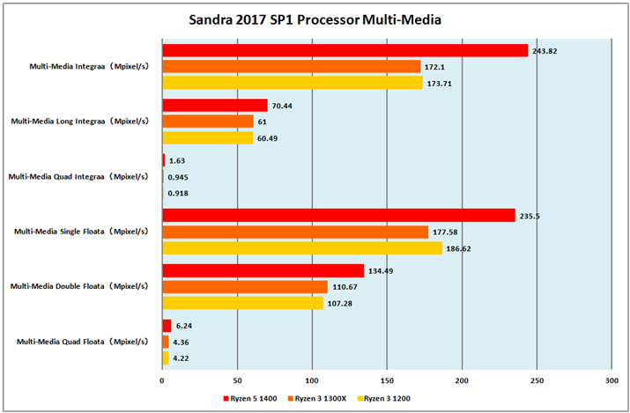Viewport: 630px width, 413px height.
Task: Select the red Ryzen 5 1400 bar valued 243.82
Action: click(345, 50)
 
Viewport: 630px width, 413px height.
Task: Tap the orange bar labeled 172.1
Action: click(291, 66)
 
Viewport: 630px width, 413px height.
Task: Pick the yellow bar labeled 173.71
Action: click(293, 83)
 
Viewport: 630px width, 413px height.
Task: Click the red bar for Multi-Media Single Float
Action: click(338, 216)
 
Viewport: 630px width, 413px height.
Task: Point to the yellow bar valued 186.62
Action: click(302, 248)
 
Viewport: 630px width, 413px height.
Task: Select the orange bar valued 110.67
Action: click(245, 286)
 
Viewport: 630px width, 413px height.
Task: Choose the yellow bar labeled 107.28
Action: click(242, 303)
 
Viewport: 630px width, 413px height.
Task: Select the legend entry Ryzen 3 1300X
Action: click(319, 399)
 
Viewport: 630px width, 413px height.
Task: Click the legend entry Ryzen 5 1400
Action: click(251, 399)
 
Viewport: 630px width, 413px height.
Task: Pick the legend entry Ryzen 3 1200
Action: click(384, 399)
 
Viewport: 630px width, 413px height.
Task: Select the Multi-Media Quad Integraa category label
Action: click(80, 176)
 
